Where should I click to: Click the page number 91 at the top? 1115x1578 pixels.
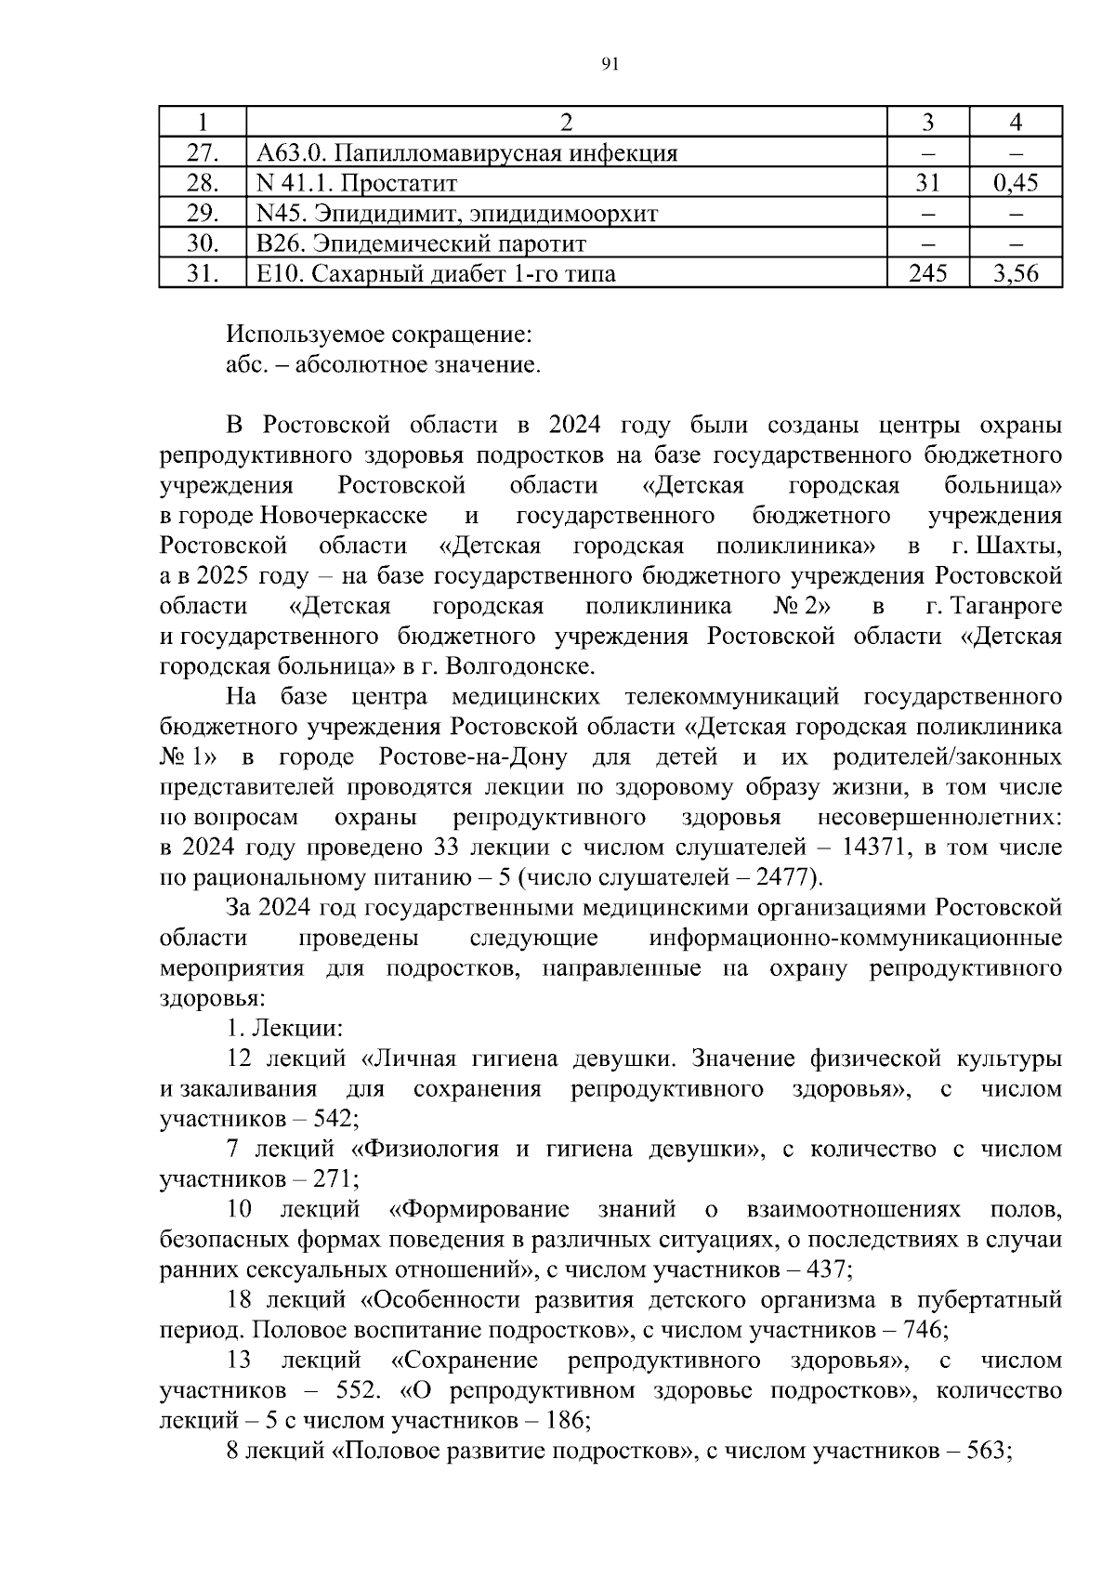click(610, 64)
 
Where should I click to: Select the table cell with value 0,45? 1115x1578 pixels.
click(1015, 183)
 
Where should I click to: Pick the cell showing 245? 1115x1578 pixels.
click(927, 273)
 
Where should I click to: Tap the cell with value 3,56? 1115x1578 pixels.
click(1015, 273)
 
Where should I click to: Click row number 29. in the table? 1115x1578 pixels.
click(202, 214)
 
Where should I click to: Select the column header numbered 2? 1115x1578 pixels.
click(566, 123)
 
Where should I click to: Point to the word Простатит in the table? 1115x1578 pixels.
click(401, 183)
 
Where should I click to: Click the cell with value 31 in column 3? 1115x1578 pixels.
click(927, 183)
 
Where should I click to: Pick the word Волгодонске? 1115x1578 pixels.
click(519, 666)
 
